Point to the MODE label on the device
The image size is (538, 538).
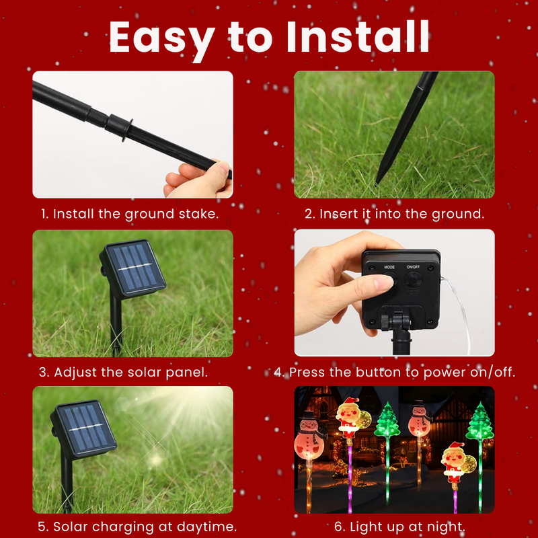389,267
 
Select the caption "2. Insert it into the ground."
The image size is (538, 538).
394,214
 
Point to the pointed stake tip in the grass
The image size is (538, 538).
379,180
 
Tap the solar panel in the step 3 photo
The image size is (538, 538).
133,268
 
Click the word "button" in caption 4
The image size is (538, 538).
366,372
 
